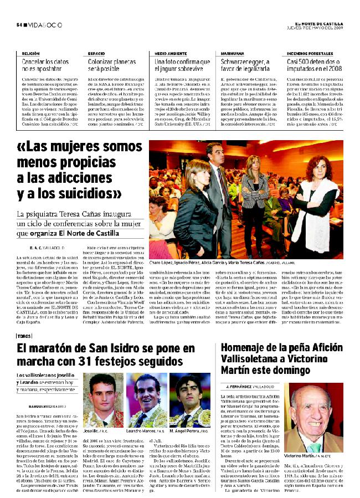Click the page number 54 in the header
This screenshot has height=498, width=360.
[18, 24]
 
